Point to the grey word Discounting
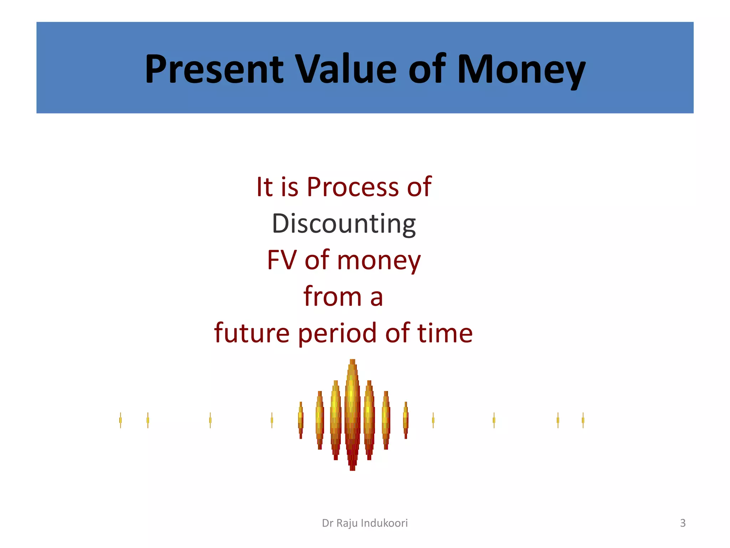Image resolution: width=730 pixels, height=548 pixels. (344, 224)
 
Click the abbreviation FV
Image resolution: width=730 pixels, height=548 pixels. (282, 260)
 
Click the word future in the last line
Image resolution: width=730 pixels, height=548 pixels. (252, 333)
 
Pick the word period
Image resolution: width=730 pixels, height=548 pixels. (337, 333)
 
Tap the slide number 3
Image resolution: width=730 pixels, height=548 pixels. (683, 523)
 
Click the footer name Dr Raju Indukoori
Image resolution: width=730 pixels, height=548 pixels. (365, 523)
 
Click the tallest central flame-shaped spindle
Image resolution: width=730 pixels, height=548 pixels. (352, 414)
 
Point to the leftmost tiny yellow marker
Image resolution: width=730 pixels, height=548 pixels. (120, 420)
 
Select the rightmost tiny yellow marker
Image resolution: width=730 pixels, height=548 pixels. (583, 420)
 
